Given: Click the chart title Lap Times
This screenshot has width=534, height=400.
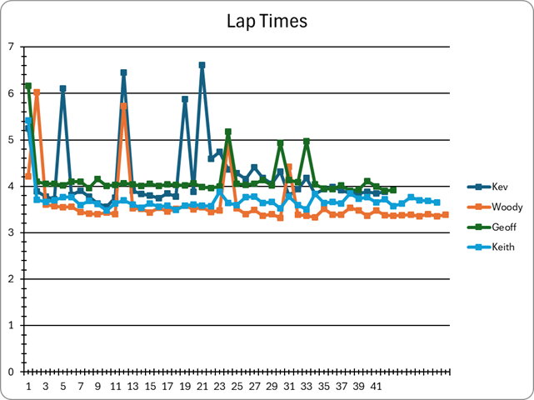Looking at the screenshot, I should tap(267, 20).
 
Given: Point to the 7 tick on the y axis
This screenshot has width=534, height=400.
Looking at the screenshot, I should tap(11, 47).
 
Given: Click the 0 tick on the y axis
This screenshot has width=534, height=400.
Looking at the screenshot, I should tap(11, 372).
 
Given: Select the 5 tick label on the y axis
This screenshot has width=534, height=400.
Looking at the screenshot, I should tap(11, 140).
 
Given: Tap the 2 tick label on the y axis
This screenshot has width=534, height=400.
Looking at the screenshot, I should tap(11, 279).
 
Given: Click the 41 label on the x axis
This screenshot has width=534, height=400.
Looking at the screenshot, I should tap(376, 387).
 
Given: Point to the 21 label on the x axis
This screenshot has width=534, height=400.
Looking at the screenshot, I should tap(202, 387).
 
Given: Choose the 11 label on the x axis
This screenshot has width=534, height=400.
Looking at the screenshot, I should tap(115, 387).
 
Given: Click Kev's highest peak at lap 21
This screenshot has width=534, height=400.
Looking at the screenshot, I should tap(202, 65).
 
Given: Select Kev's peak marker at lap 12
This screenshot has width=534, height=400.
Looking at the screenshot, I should tap(123, 72).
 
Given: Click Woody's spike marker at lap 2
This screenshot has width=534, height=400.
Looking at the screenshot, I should tap(37, 92).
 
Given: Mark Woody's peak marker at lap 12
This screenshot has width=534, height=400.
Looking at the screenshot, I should tap(123, 106).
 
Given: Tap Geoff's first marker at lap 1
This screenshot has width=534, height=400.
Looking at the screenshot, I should tap(27, 86).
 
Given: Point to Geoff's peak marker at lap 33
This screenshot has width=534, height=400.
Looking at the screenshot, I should tap(307, 142).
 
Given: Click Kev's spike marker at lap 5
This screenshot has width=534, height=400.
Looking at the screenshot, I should tap(62, 88).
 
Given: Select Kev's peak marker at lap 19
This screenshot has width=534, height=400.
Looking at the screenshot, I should tap(184, 99).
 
